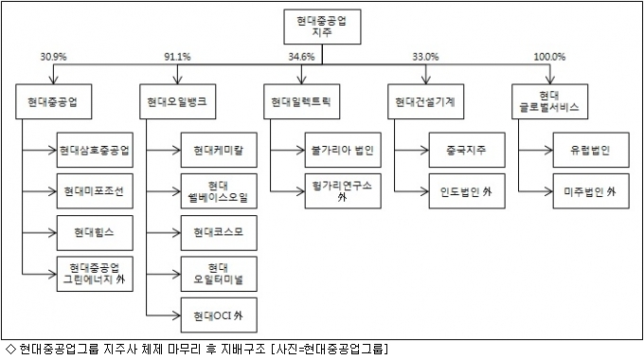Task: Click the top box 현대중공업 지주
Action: pos(322,27)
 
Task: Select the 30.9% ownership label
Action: pos(53,57)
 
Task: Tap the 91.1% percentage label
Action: pos(177,57)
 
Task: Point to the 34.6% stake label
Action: pos(301,57)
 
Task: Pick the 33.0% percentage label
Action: pos(425,57)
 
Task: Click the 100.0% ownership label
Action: pos(549,57)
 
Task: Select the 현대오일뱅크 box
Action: pos(177,102)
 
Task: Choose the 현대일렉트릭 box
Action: pos(301,102)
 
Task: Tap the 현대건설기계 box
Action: pos(425,102)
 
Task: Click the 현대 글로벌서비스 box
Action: pos(549,102)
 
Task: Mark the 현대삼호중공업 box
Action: pos(95,150)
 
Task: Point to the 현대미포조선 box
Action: pos(95,191)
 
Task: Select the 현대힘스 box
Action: pos(95,233)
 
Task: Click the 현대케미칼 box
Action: pos(219,150)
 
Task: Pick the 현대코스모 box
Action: pos(219,233)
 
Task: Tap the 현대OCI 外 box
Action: pos(219,315)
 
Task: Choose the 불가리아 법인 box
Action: pos(343,150)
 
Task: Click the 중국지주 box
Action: pos(467,150)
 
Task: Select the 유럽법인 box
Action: pos(591,150)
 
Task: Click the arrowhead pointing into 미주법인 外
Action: pos(548,191)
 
